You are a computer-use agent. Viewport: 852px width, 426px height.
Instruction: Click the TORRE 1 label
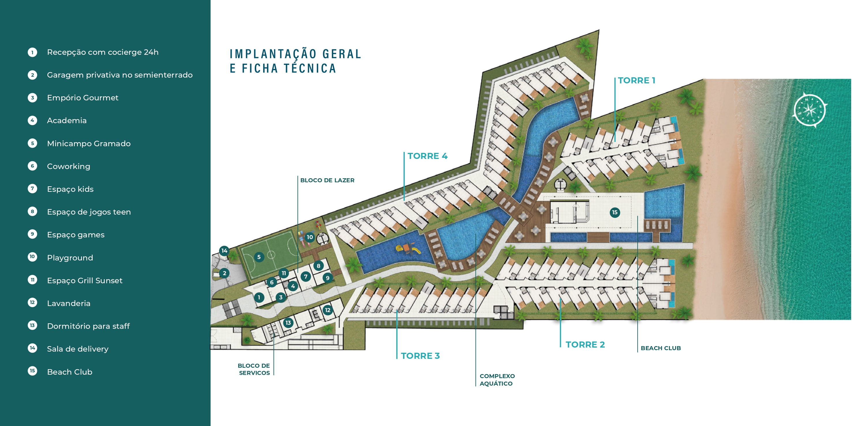tap(636, 80)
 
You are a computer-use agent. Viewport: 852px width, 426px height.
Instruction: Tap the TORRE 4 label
tap(427, 156)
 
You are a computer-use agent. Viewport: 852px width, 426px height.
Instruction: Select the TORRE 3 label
tap(420, 356)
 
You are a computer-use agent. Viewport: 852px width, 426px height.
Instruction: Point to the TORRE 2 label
tap(585, 344)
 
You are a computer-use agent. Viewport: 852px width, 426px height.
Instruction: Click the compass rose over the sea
tap(810, 110)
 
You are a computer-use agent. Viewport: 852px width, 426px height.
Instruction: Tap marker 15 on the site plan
tap(615, 212)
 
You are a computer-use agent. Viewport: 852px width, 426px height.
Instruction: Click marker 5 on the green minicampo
tap(259, 257)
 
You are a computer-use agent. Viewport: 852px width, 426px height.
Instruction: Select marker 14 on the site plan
tap(224, 251)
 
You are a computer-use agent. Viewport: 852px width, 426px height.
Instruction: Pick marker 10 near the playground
tap(310, 237)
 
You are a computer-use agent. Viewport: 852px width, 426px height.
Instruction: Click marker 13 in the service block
tap(288, 323)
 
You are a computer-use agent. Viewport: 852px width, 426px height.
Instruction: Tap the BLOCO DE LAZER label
tap(327, 180)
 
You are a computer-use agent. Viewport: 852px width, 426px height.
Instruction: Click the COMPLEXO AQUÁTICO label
tap(497, 380)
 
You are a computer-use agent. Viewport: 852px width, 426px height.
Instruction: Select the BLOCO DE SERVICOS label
tap(254, 369)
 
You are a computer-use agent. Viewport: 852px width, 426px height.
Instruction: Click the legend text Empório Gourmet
tap(83, 97)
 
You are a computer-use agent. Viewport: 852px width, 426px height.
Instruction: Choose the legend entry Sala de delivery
tap(78, 349)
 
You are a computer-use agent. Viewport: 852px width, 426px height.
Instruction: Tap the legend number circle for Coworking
tap(32, 166)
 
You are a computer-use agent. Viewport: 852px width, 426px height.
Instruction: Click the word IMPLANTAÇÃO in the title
tap(273, 54)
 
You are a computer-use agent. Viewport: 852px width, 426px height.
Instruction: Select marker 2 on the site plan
tap(224, 273)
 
